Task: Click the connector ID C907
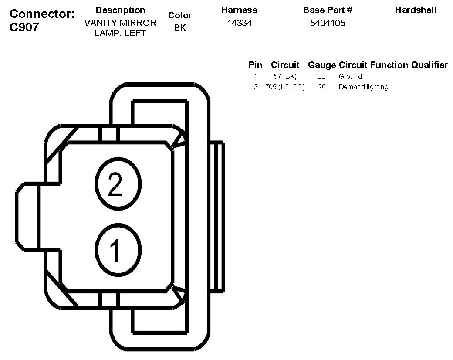[x=24, y=27]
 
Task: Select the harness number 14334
[x=239, y=23]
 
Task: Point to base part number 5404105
[x=328, y=23]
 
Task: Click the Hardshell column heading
[x=415, y=10]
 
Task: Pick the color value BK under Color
[x=180, y=29]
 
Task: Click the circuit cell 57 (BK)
[x=285, y=77]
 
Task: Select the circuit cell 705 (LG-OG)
[x=285, y=87]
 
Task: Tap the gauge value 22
[x=322, y=77]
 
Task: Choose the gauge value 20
[x=322, y=87]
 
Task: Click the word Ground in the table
[x=350, y=77]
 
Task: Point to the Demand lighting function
[x=363, y=87]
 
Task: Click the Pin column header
[x=255, y=65]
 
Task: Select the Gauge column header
[x=322, y=65]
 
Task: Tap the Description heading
[x=120, y=10]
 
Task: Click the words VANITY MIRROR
[x=120, y=23]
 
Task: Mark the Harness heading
[x=239, y=10]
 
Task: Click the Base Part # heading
[x=328, y=10]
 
